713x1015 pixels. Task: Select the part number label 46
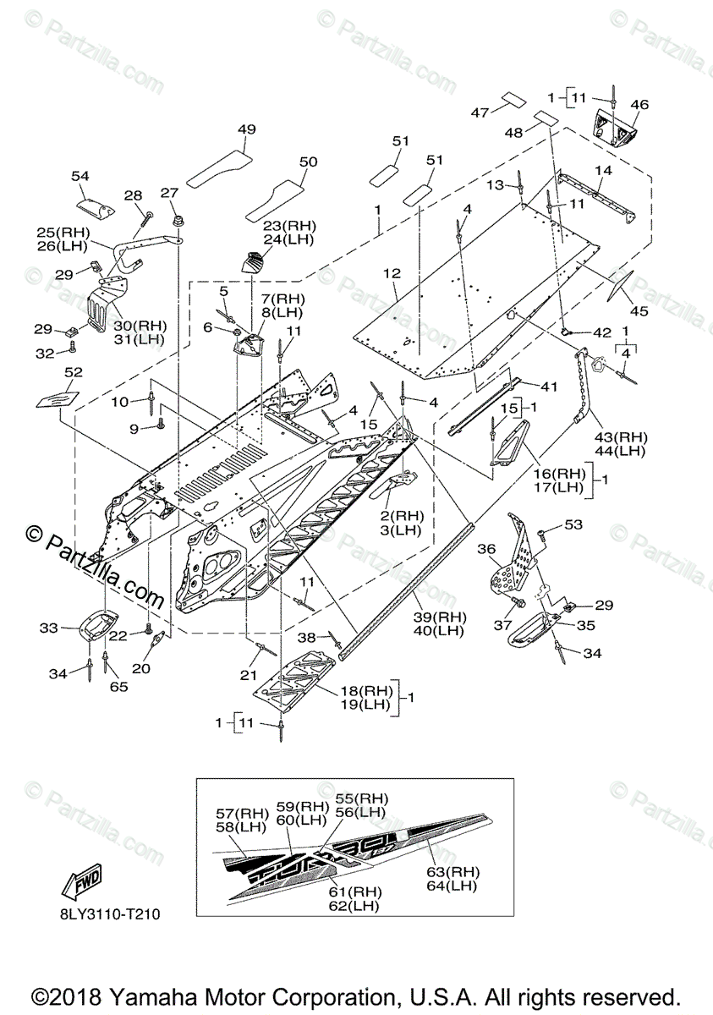(x=639, y=105)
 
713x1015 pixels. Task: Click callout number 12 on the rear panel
(x=391, y=273)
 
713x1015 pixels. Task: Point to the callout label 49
(x=246, y=129)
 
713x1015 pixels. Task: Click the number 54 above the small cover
(x=80, y=175)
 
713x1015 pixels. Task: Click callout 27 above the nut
(x=171, y=192)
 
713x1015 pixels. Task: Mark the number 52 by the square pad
(x=74, y=371)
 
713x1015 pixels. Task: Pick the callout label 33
(x=48, y=628)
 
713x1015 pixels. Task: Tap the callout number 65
(x=118, y=687)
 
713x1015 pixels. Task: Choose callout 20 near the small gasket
(x=140, y=668)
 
